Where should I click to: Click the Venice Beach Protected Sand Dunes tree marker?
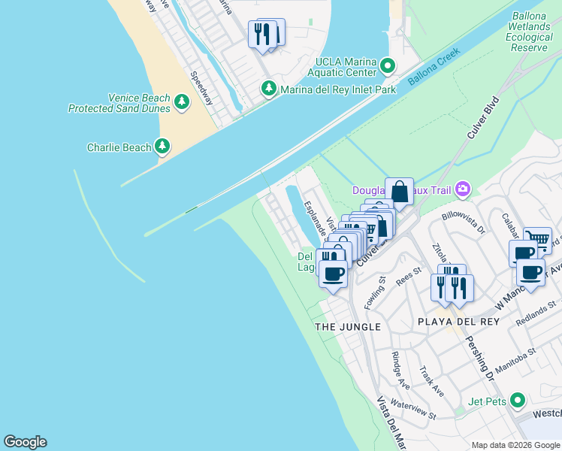[x=181, y=102]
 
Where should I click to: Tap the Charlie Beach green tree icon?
[x=162, y=147]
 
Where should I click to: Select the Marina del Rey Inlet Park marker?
[x=268, y=89]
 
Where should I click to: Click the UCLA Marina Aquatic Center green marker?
[x=388, y=67]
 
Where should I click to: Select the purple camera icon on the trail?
[x=463, y=189]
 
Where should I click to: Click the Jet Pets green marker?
[x=516, y=400]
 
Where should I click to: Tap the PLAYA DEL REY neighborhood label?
[x=449, y=327]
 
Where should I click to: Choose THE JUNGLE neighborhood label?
[x=348, y=327]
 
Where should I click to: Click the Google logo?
[x=25, y=442]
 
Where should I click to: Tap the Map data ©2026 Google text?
[x=515, y=445]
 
